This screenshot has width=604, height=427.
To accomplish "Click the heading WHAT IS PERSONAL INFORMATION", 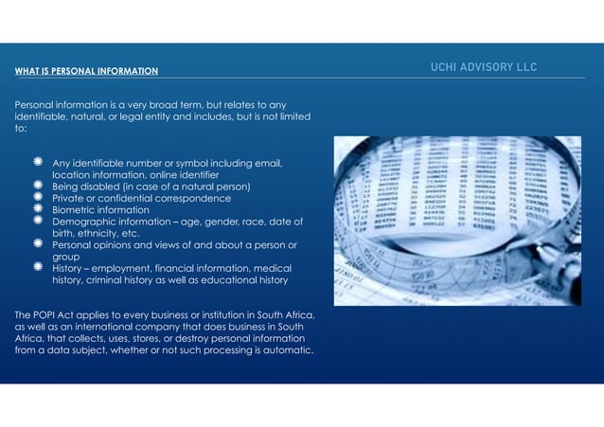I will point(86,71).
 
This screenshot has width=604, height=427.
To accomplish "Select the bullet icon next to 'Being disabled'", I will point(36,186).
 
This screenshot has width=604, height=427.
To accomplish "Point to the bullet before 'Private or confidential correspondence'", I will point(36,197).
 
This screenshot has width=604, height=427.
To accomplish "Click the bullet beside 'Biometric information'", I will point(36,209).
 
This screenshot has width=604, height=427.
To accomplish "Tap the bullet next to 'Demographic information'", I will point(36,221).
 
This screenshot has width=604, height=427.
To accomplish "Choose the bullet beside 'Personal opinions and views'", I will point(36,244).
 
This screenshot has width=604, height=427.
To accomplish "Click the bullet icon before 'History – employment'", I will point(36,268).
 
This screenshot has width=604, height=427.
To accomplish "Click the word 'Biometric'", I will point(76,210).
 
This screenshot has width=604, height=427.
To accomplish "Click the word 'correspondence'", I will point(203,198).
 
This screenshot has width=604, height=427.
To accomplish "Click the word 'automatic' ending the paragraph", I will point(280,352).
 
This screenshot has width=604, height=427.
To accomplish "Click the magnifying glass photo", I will point(457,221).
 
